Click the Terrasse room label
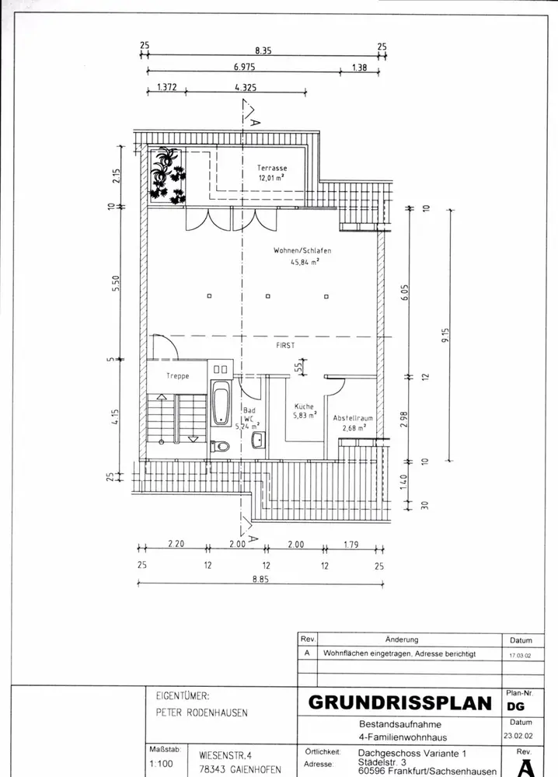click(272, 168)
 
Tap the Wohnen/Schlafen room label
click(302, 251)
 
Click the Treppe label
click(178, 376)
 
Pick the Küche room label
click(303, 406)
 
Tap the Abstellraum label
click(354, 418)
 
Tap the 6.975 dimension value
click(246, 68)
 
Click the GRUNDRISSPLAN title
click(400, 702)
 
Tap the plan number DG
click(515, 707)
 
